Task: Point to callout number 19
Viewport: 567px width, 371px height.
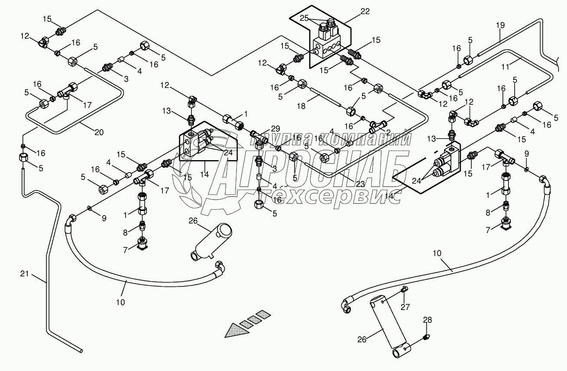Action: click(500, 25)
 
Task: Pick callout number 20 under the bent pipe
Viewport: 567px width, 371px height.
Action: click(99, 132)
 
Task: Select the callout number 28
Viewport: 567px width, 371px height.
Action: click(428, 320)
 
